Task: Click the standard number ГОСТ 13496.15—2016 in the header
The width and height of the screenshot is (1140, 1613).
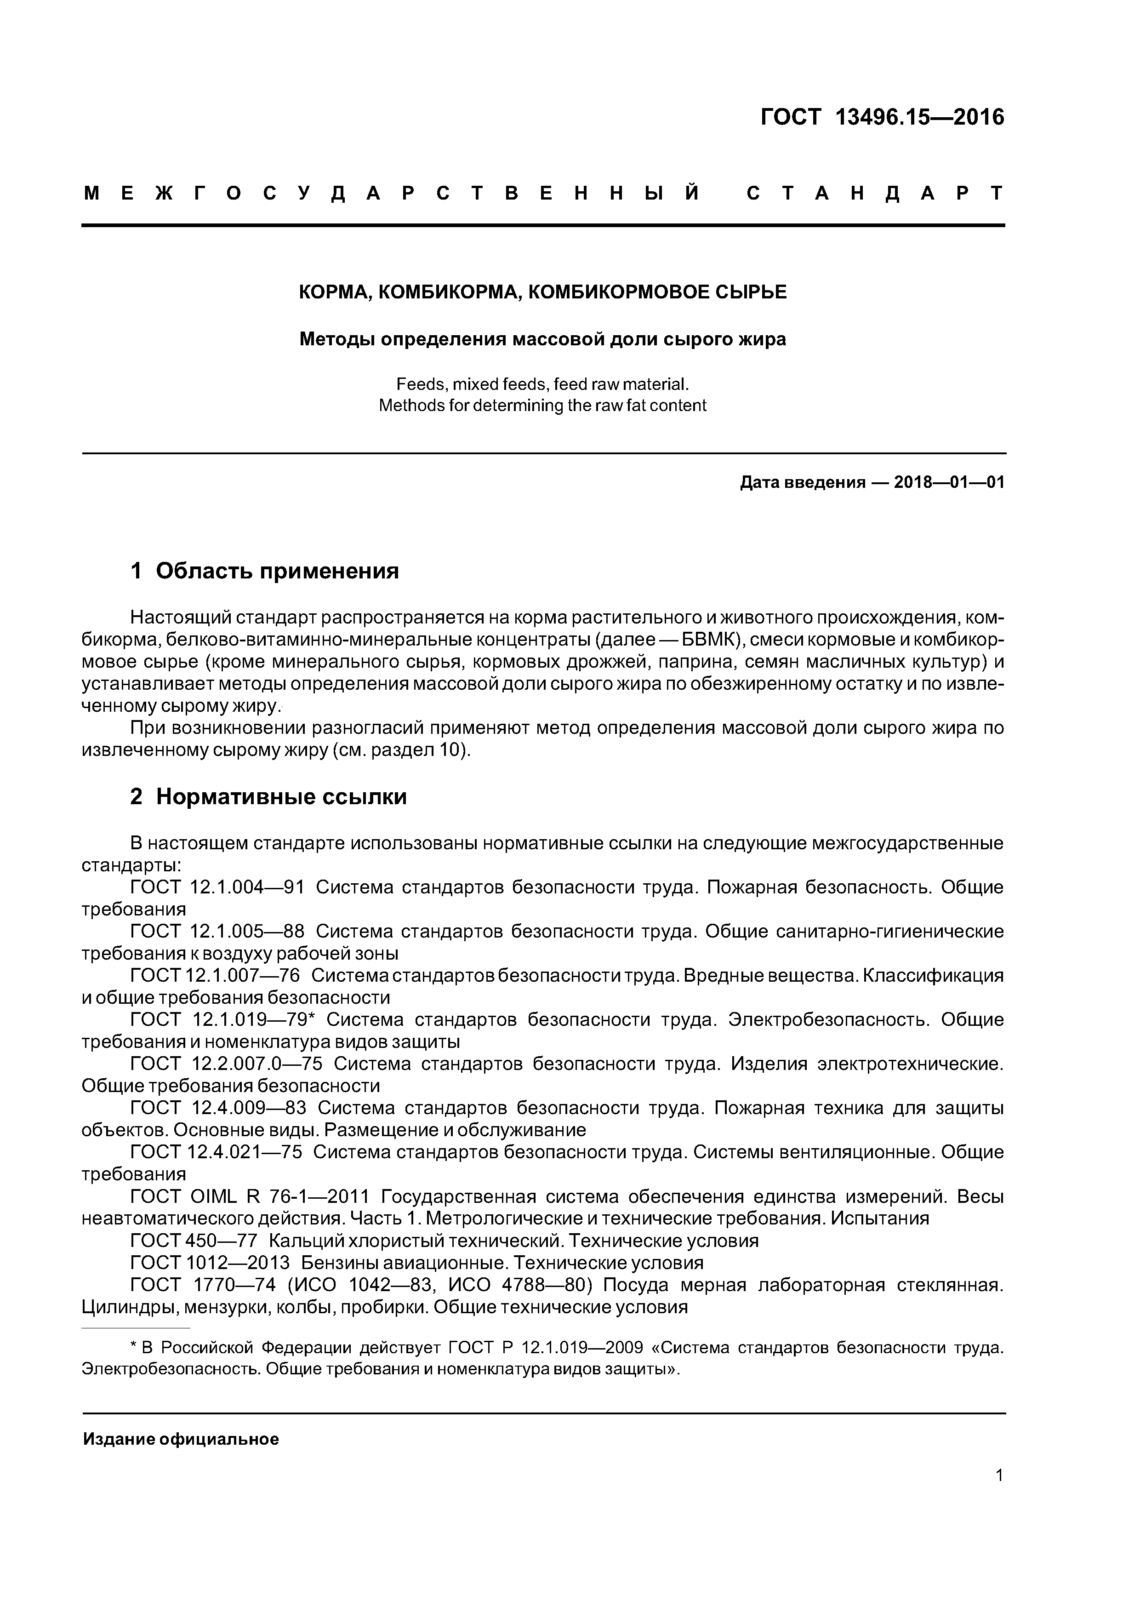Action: pos(883,117)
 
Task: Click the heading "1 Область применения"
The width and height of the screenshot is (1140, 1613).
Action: pos(265,571)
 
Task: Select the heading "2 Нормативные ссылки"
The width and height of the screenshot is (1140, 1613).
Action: pos(268,797)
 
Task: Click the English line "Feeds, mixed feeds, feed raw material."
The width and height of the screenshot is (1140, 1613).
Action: pos(543,384)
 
